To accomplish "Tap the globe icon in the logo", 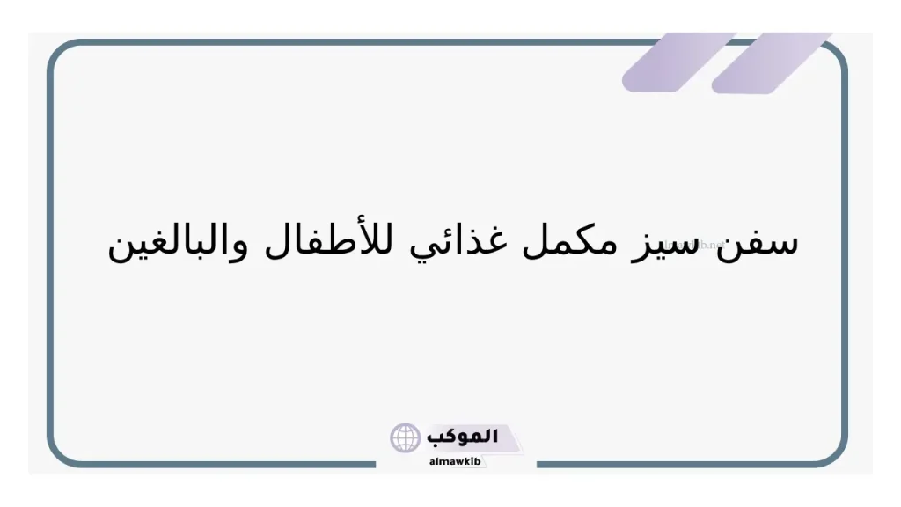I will pyautogui.click(x=406, y=437).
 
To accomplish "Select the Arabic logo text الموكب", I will pyautogui.click(x=462, y=436).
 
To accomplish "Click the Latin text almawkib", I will pyautogui.click(x=456, y=460).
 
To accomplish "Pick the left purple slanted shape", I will pyautogui.click(x=678, y=62).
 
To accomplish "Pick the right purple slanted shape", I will pyautogui.click(x=773, y=62).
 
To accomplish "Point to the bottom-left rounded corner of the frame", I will pyautogui.click(x=62, y=452).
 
